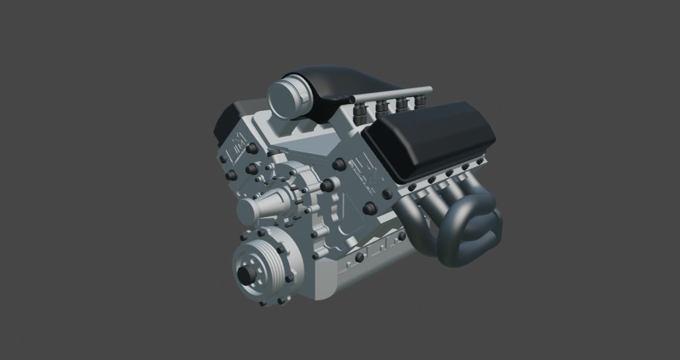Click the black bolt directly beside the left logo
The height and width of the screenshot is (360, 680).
(x=251, y=149)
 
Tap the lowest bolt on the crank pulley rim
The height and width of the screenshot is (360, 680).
(x=264, y=304)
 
